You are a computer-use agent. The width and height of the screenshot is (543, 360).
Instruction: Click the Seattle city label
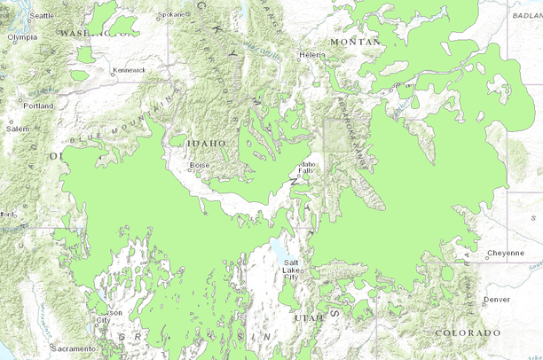[x=42, y=16]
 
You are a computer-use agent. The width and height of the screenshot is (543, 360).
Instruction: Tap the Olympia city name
[x=22, y=37]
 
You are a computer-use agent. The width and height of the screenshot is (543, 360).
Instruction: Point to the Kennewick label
[x=129, y=69]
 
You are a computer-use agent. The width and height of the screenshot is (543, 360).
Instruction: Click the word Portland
[x=39, y=106]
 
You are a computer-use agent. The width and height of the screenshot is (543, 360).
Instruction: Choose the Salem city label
[x=18, y=129]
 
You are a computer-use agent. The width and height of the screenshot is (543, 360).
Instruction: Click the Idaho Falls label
[x=307, y=168]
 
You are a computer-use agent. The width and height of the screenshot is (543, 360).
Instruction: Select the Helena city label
[x=312, y=55]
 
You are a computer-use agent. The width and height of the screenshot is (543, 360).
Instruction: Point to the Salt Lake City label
[x=291, y=270]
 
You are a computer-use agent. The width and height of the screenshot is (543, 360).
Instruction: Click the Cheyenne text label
[x=506, y=253]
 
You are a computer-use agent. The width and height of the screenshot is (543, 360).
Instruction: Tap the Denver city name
[x=497, y=299]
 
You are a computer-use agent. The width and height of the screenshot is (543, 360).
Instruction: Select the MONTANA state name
[x=354, y=42]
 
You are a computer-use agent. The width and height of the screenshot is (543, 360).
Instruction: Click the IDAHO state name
[x=205, y=142]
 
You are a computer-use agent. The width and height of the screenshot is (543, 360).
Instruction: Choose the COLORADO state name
[x=468, y=333]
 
